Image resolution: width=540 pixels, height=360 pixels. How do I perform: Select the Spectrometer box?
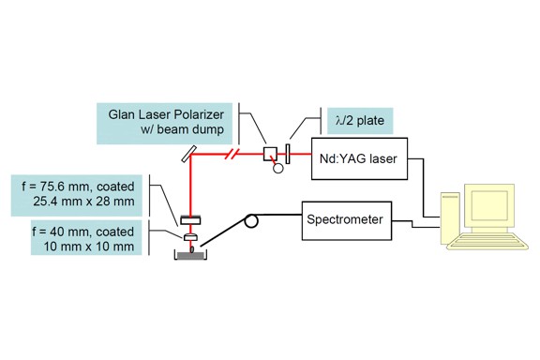click(x=343, y=221)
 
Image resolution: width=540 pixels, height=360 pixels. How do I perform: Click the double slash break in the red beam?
click(x=233, y=155)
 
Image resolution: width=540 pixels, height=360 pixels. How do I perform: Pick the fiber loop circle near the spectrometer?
click(x=251, y=222)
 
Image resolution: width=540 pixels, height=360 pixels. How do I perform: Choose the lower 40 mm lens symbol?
click(x=190, y=237)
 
